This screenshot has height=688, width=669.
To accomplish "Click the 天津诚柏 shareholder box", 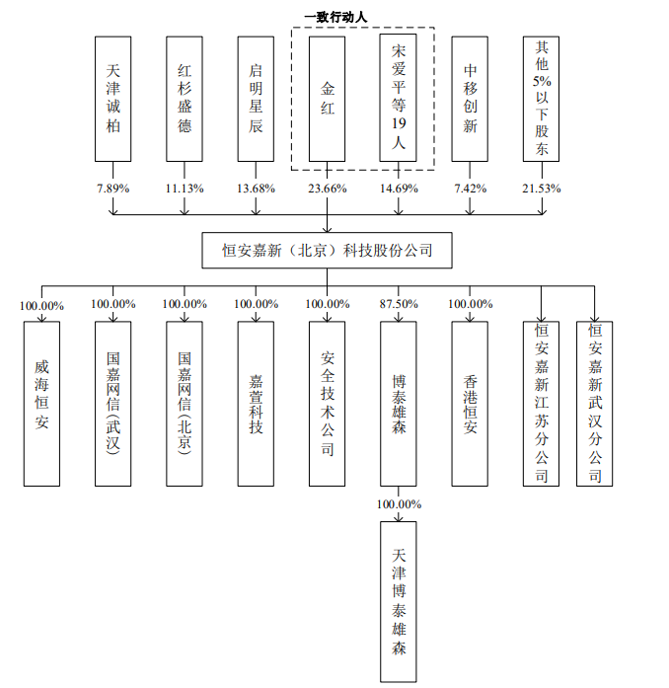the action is click(x=112, y=99).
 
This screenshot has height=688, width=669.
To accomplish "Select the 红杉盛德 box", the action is click(x=185, y=99).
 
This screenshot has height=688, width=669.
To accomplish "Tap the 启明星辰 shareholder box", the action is click(x=256, y=99).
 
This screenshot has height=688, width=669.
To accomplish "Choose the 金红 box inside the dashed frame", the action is click(x=327, y=99).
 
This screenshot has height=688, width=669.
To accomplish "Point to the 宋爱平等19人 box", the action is click(x=399, y=98).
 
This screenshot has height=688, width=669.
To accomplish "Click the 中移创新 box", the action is click(x=470, y=99).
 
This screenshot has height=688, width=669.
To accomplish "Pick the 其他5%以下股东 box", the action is click(x=541, y=99).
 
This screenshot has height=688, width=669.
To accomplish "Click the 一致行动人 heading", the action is click(x=335, y=18).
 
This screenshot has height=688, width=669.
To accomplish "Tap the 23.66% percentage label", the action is click(x=328, y=189).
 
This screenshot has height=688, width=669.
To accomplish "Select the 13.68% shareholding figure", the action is click(x=256, y=189).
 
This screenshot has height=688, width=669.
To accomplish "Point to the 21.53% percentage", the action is click(x=542, y=189).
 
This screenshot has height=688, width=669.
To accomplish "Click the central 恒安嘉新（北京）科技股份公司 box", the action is click(x=327, y=250).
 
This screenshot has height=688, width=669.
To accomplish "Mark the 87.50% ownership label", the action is click(x=399, y=304).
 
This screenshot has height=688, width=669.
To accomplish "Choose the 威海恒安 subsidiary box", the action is click(x=41, y=404).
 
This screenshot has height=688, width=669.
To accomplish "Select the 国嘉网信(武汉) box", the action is click(x=112, y=404).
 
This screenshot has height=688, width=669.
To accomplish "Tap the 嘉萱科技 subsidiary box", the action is click(x=256, y=404).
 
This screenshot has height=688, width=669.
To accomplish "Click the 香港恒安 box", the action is click(x=470, y=404).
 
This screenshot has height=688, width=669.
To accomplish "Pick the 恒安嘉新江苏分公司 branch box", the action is click(x=541, y=404).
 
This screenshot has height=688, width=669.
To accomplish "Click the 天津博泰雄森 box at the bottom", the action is click(x=399, y=601).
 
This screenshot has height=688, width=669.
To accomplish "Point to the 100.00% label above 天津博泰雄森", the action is click(x=399, y=504).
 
